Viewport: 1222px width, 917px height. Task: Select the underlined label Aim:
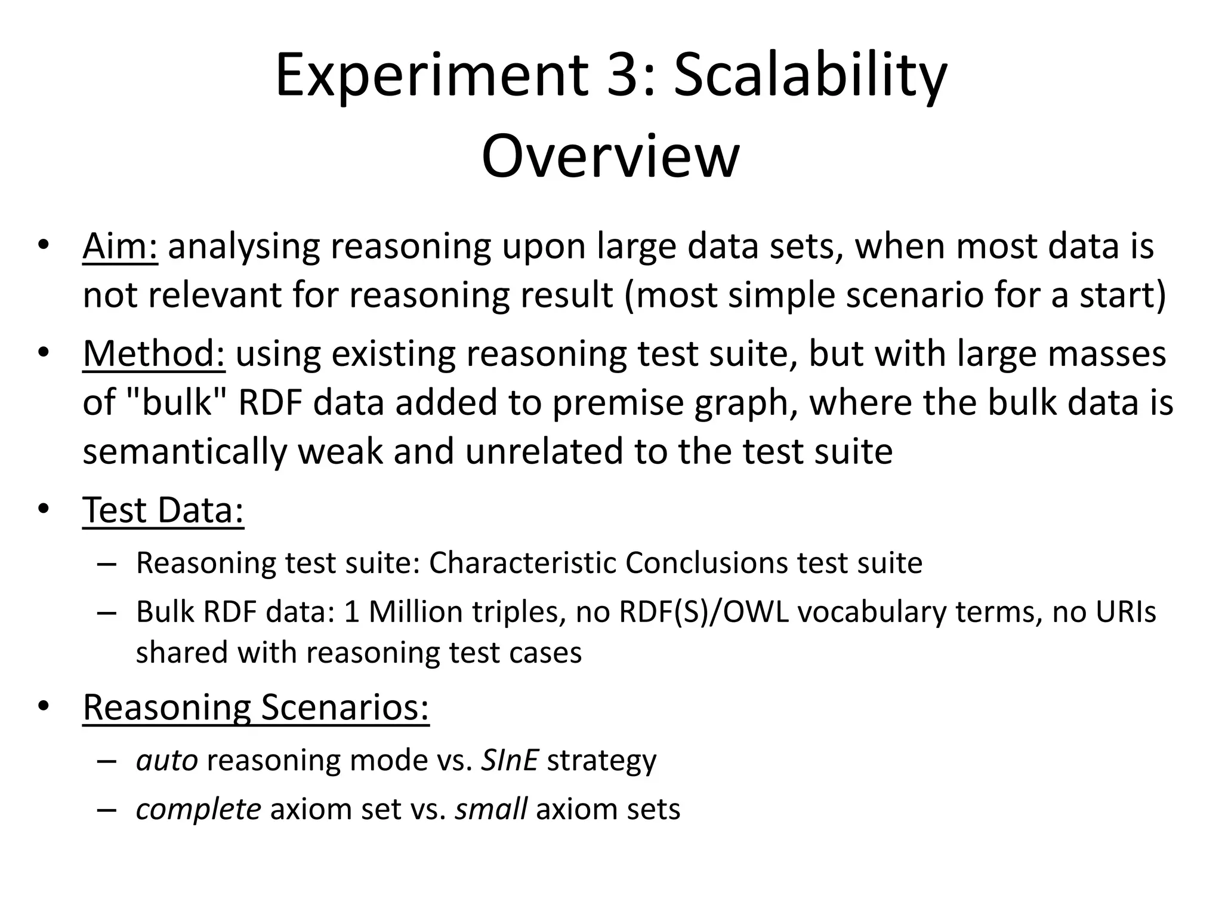pos(120,246)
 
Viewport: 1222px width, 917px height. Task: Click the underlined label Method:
pos(154,353)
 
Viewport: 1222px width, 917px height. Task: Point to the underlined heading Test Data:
pos(163,510)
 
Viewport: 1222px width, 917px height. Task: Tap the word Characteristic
pos(522,563)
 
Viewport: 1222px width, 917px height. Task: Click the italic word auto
pos(166,761)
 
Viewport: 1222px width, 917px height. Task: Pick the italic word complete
pos(198,810)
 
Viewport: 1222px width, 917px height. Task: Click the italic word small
pos(490,810)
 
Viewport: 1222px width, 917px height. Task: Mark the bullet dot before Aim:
pos(42,245)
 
